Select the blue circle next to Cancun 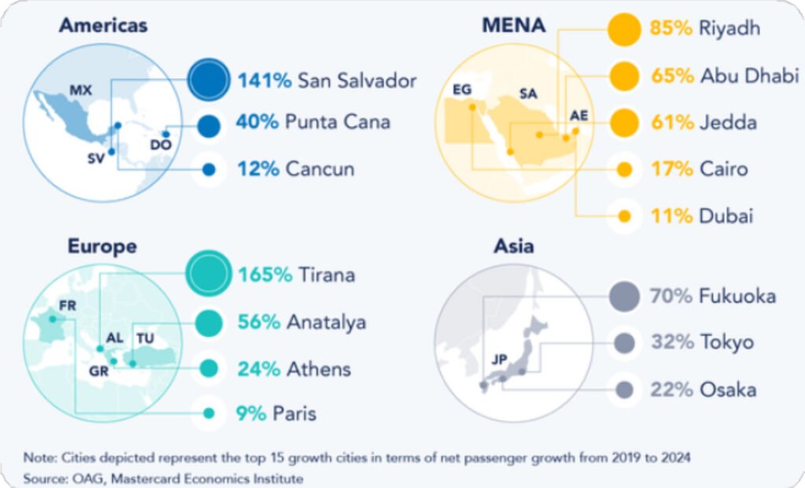208,169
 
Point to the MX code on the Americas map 81,91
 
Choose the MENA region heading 513,25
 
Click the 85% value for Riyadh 671,29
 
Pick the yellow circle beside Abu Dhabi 625,76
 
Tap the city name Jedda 729,123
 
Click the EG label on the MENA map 461,90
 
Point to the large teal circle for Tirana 208,275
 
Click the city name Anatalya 326,322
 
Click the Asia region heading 514,246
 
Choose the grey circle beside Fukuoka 625,296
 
